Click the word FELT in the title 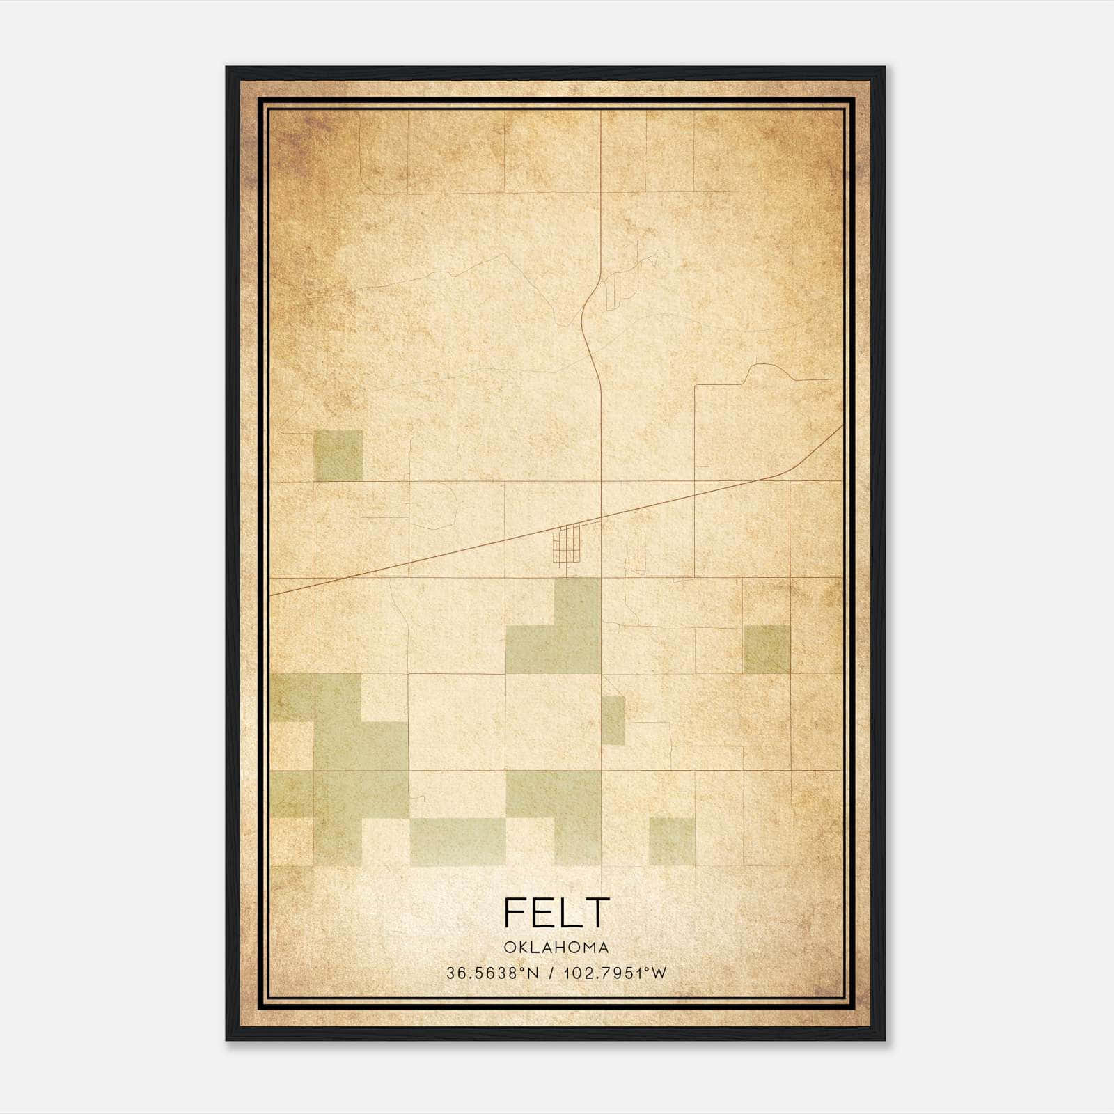coord(556,913)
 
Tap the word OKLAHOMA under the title coord(556,948)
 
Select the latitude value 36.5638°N coord(493,973)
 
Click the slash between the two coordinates coord(551,973)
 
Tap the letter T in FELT coord(597,913)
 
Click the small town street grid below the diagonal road coord(567,544)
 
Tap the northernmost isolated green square coord(338,455)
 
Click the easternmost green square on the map coord(767,649)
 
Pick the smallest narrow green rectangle coord(613,720)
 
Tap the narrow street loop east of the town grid coord(636,552)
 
